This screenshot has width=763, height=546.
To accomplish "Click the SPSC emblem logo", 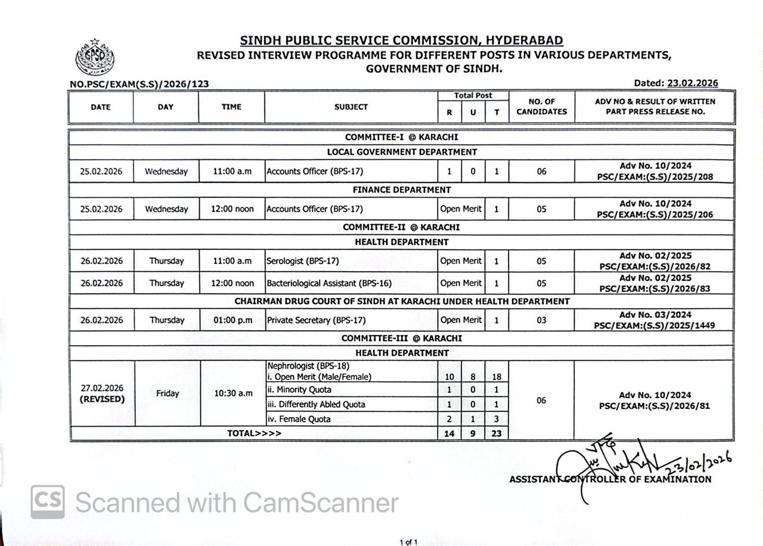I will click(x=95, y=58).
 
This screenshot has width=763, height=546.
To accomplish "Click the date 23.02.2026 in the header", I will click(x=693, y=83).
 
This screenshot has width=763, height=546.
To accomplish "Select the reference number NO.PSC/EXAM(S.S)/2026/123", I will click(x=139, y=84).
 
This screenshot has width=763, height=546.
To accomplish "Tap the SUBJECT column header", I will click(x=351, y=107).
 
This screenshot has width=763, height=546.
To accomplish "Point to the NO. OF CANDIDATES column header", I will click(x=541, y=107).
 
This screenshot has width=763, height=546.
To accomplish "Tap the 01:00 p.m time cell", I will click(x=232, y=320).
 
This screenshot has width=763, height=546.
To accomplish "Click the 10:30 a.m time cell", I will click(x=232, y=393).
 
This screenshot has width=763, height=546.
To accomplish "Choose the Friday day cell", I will click(x=168, y=393).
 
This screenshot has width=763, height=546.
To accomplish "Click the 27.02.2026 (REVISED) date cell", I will click(x=102, y=393).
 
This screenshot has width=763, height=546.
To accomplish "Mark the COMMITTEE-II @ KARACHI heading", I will click(x=401, y=227).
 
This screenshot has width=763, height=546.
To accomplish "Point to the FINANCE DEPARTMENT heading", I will click(x=402, y=190).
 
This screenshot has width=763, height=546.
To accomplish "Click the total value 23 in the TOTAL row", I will click(x=497, y=434).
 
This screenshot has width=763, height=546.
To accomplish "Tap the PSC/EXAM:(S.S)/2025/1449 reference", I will click(x=655, y=325).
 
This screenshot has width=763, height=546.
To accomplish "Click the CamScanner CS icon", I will click(x=48, y=502).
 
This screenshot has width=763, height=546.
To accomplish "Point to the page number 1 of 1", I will click(x=408, y=542).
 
